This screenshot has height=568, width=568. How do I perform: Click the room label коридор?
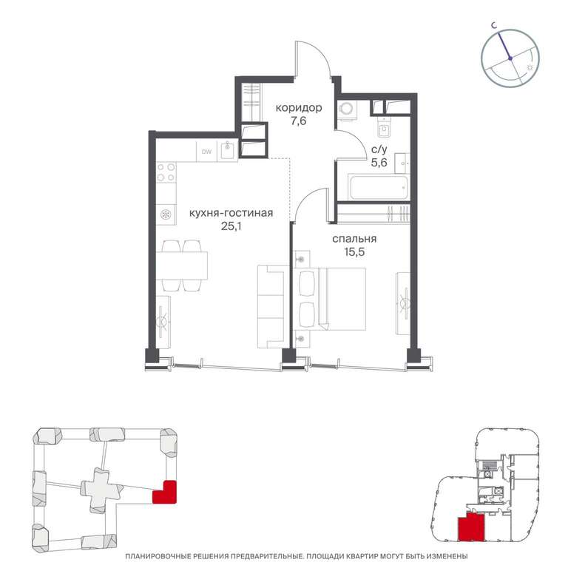tap(299, 108)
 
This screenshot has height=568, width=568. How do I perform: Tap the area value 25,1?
tap(231, 226)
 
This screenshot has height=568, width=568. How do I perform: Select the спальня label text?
tap(354, 239)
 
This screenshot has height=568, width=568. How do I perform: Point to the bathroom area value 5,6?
tap(379, 163)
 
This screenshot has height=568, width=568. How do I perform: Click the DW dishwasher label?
tap(207, 152)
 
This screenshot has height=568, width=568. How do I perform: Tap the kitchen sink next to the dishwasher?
tap(228, 152)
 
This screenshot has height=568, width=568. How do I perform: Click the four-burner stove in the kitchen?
tap(166, 172)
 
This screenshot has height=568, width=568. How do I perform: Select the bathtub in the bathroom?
tap(379, 187)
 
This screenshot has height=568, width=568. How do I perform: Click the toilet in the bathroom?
tap(383, 127)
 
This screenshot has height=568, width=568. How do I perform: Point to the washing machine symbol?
tap(347, 109)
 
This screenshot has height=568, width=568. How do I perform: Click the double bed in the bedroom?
tap(331, 299)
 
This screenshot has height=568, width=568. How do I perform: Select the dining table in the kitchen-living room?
tap(182, 266)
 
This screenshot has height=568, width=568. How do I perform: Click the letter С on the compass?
tap(493, 25)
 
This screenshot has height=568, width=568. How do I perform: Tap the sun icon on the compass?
tap(530, 67)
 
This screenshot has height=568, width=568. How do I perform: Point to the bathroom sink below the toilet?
tap(402, 163)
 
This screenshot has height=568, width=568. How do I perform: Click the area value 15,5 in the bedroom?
tap(354, 252)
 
